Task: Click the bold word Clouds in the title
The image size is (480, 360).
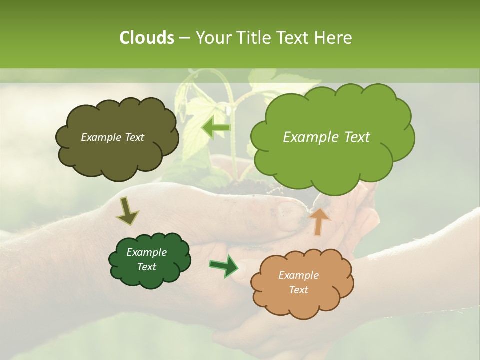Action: tap(146, 38)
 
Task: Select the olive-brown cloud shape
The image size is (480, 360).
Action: tap(116, 137)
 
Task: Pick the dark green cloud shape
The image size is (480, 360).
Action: tap(149, 260)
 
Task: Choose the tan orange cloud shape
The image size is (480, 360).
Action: tap(302, 283)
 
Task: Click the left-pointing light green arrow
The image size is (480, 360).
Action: tap(216, 128)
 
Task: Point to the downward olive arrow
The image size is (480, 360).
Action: tap(127, 211)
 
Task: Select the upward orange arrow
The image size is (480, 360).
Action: tap(320, 221)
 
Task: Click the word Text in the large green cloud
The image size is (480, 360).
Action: tap(355, 137)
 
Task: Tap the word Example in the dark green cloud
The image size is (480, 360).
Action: tap(146, 252)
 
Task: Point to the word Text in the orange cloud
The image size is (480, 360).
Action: tap(298, 290)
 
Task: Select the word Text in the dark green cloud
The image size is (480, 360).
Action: tap(146, 267)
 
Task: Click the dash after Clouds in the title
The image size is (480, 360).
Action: tap(183, 38)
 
